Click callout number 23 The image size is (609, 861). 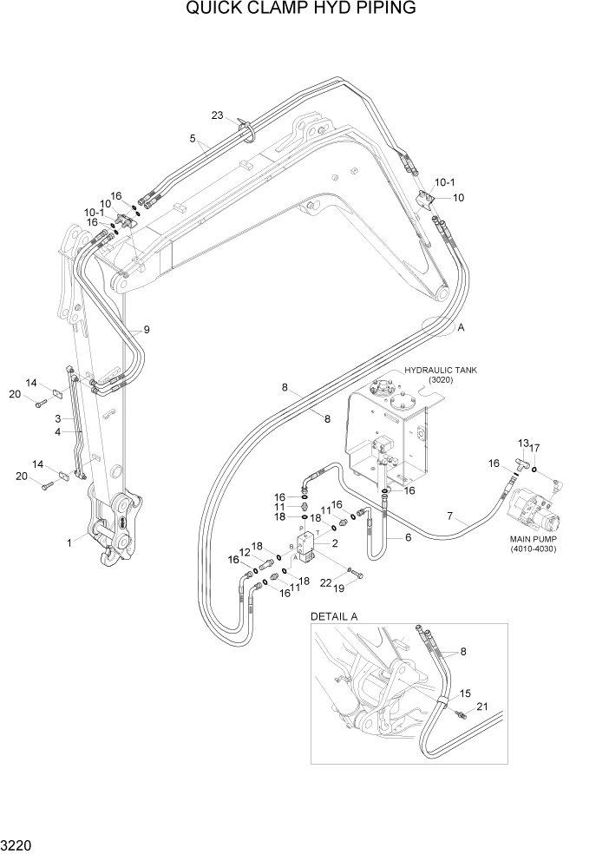[217, 115]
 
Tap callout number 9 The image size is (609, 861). [147, 329]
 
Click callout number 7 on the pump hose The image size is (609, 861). [449, 517]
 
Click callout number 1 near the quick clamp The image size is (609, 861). [69, 542]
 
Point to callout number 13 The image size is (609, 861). [522, 443]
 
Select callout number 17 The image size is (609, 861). [535, 448]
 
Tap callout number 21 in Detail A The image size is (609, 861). [482, 708]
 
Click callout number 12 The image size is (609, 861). [245, 553]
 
